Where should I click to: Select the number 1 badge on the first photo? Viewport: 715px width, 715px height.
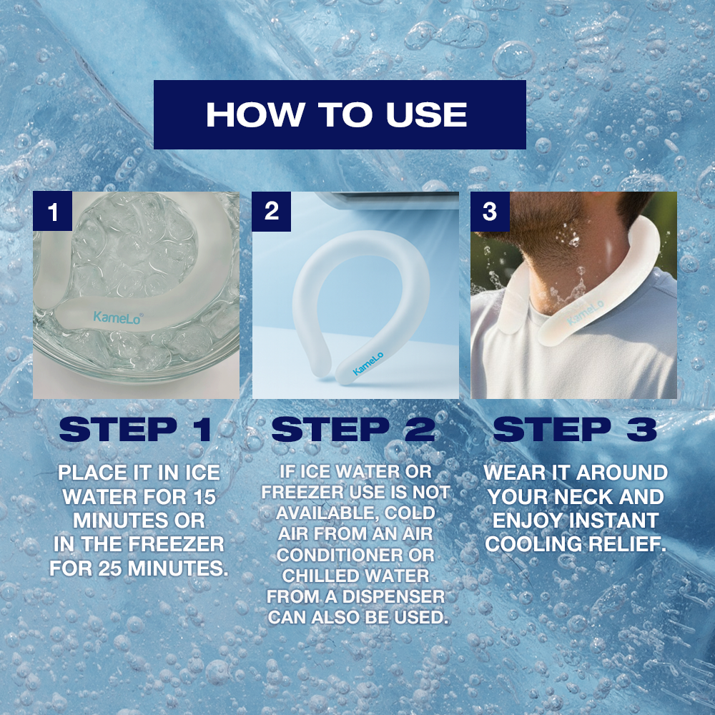point(52,211)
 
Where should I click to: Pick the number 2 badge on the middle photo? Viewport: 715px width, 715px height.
point(271,211)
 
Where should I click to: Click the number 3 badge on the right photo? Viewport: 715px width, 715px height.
point(490,211)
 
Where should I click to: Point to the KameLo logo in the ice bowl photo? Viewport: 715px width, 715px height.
point(118,317)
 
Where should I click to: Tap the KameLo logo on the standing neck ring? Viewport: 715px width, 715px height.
point(368,363)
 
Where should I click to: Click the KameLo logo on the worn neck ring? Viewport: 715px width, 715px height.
point(586,312)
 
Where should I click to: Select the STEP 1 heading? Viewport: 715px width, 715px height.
point(135,429)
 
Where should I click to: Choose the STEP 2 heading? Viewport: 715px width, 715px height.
point(353,429)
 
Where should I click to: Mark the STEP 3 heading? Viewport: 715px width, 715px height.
point(575,429)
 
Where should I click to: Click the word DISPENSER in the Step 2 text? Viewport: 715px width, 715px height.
point(393,596)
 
